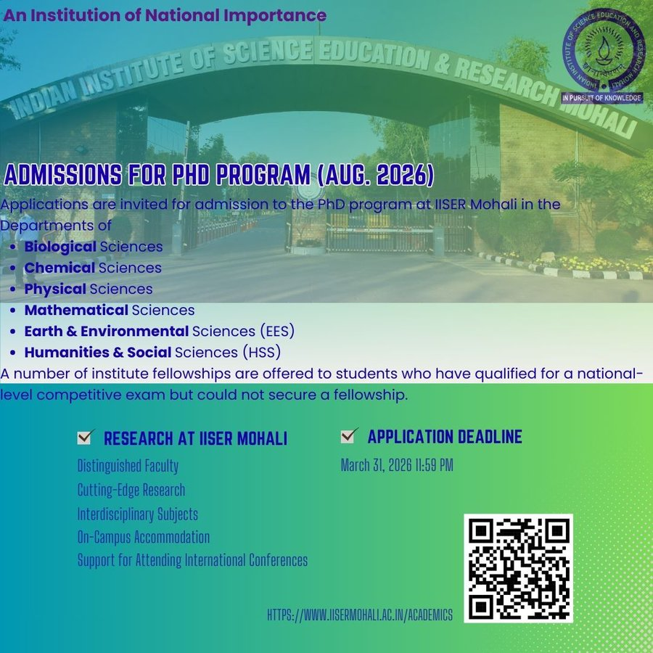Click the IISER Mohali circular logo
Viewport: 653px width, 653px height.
(x=601, y=50)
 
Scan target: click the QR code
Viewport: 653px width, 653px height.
(x=518, y=568)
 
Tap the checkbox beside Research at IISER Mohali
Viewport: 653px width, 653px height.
(x=86, y=437)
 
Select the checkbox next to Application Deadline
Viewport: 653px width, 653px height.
(x=350, y=435)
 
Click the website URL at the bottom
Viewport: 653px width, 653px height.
(x=360, y=615)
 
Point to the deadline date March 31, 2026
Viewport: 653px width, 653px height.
(x=397, y=465)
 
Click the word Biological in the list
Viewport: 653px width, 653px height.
(x=60, y=247)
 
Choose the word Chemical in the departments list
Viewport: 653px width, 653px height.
(x=59, y=268)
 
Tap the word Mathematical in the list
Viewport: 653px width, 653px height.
(x=76, y=311)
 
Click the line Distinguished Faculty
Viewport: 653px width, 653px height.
(x=128, y=466)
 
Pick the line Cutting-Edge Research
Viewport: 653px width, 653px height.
(x=131, y=490)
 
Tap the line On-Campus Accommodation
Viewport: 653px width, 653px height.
(x=144, y=538)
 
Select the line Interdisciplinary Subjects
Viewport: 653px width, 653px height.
(x=138, y=514)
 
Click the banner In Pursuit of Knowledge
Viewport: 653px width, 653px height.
(x=602, y=97)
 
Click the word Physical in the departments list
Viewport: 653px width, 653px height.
(x=55, y=289)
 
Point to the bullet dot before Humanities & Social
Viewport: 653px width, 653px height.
(x=15, y=353)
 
